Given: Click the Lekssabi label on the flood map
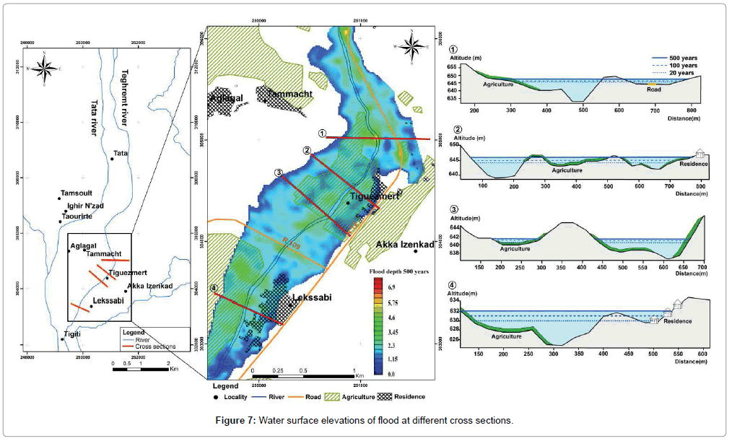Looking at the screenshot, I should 312,297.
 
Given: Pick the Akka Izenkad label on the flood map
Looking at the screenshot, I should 404,245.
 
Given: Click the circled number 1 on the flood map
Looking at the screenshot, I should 323,133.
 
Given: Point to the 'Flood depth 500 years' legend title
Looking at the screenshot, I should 396,272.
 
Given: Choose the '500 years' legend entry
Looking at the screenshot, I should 683,57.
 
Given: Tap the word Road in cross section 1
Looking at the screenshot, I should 655,91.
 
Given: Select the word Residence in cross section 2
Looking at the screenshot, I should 694,164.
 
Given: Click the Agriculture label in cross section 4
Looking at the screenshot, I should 507,337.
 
